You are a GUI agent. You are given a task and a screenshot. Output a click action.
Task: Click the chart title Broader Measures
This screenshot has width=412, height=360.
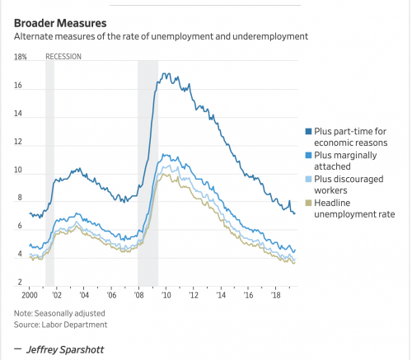tap(60, 23)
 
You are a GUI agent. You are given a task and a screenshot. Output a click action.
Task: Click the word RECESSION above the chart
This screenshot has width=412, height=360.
tap(63, 57)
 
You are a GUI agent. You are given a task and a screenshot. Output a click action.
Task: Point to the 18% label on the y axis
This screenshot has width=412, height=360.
tap(21, 57)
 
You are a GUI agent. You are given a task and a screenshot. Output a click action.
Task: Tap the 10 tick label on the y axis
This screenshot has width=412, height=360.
tap(18, 170)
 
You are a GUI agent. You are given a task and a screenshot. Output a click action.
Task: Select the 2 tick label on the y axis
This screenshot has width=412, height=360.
tap(20, 282)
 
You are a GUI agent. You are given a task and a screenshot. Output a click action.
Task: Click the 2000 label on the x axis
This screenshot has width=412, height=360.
tap(30, 295)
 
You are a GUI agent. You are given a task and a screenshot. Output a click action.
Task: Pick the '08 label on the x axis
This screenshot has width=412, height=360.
tap(139, 295)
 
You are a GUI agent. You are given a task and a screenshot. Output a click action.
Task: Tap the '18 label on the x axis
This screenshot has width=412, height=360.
tap(276, 295)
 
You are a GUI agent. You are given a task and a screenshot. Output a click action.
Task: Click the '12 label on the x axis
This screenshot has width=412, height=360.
tap(194, 295)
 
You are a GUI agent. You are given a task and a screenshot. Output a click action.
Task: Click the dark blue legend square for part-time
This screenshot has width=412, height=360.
tap(308, 131)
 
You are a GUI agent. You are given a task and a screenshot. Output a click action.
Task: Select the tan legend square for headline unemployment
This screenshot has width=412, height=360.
tap(308, 203)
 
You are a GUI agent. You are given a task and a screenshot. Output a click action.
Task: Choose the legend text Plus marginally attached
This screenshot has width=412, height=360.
tap(345, 161)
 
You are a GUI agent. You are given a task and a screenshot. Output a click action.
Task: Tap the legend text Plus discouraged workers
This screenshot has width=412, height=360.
tap(349, 185)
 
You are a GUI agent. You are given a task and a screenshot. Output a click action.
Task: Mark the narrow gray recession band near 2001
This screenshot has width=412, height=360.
tap(49, 173)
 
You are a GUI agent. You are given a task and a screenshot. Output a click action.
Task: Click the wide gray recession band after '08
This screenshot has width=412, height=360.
tap(147, 173)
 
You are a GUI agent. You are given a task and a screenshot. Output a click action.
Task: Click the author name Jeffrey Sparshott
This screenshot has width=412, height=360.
tap(65, 349)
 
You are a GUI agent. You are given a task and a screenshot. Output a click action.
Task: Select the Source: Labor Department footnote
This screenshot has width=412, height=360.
tap(60, 325)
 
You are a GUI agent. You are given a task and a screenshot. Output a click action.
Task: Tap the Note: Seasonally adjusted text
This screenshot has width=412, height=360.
tap(59, 313)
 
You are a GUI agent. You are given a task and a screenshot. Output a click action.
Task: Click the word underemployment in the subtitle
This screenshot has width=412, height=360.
tap(270, 36)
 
